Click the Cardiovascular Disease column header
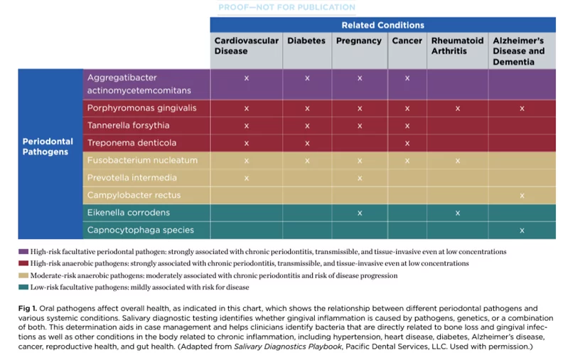(246, 46)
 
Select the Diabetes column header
(306, 41)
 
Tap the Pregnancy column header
(359, 41)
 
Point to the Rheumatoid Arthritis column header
(457, 46)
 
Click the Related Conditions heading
(382, 25)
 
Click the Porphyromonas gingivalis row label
(141, 108)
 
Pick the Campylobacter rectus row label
(134, 195)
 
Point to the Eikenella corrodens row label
(128, 213)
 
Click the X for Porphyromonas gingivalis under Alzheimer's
(522, 108)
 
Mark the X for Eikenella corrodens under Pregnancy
(360, 213)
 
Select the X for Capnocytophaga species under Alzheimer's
(522, 231)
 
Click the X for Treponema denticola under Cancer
(407, 143)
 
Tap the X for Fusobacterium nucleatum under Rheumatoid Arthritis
(457, 161)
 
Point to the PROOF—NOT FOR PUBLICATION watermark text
(286, 7)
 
